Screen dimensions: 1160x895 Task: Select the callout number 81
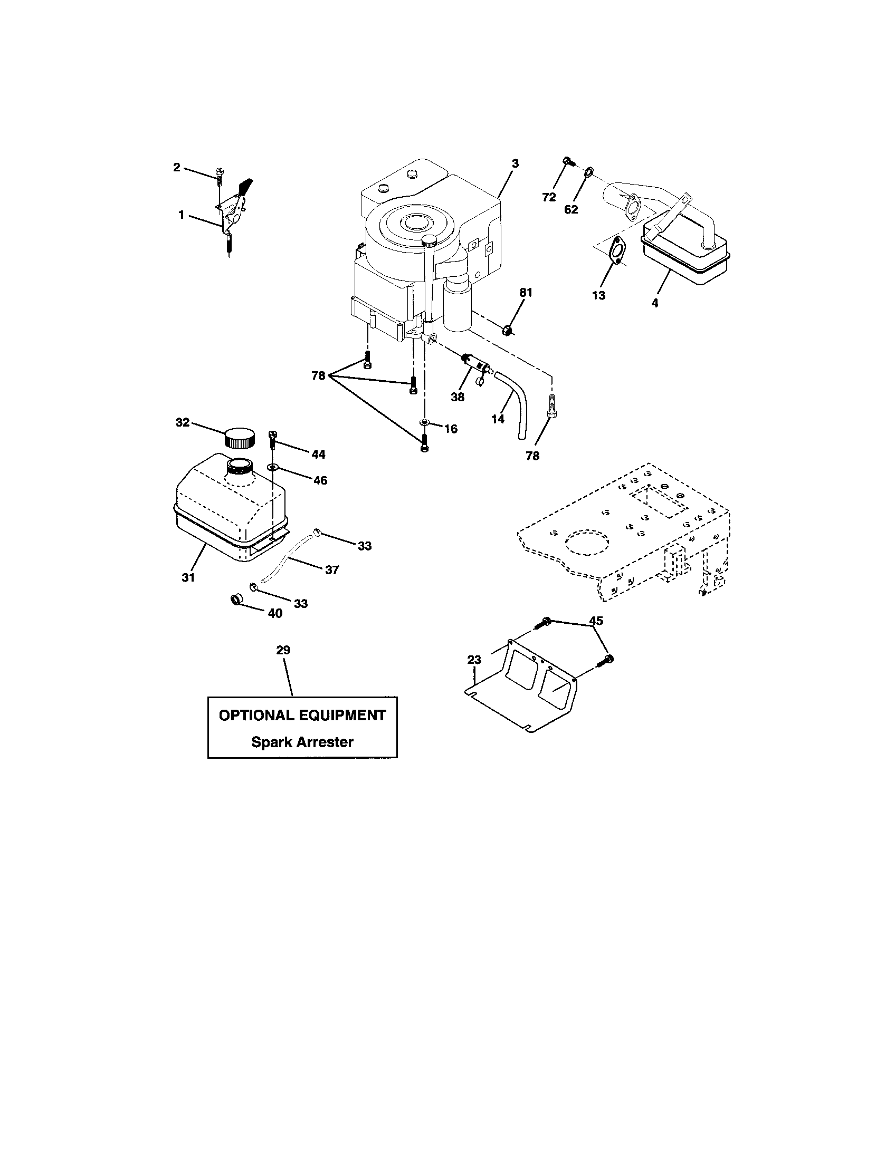tap(526, 292)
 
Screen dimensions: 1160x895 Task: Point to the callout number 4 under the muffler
tap(655, 303)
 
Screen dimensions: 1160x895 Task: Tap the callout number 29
tap(283, 650)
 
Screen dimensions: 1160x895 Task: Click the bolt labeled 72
tap(567, 160)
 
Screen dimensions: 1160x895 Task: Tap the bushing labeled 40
tap(235, 600)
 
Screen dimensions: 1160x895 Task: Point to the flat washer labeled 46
tap(273, 467)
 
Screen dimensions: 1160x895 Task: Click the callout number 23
tap(474, 660)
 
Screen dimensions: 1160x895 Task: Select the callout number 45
tap(596, 621)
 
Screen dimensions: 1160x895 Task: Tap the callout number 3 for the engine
tap(515, 163)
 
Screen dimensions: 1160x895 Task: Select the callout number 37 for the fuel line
tap(331, 569)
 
